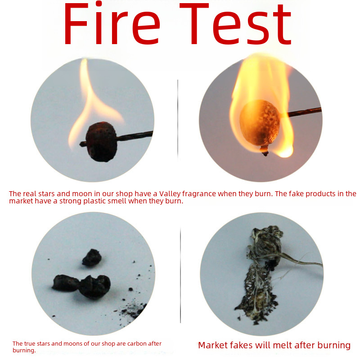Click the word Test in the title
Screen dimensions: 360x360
[x=235, y=24]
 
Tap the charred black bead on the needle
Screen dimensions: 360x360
[x=101, y=142]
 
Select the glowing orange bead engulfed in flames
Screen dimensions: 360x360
[x=260, y=123]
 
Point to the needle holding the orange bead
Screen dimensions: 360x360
[x=301, y=112]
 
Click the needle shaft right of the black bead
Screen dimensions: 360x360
[x=135, y=135]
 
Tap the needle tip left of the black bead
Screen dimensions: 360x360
[x=83, y=144]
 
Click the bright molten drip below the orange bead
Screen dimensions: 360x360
[x=285, y=152]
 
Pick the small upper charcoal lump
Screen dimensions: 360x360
[x=92, y=257]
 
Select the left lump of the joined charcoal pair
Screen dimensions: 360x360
[x=66, y=283]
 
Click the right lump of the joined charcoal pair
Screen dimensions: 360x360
[x=95, y=287]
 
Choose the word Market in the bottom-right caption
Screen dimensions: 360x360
[x=213, y=345]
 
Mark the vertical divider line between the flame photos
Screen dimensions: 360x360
[x=178, y=119]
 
